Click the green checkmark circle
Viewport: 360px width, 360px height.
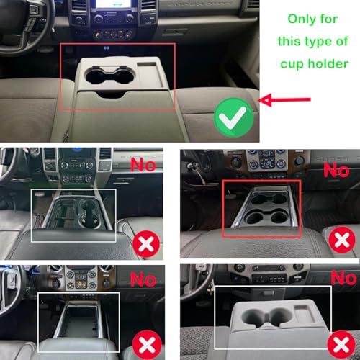(x=234, y=117)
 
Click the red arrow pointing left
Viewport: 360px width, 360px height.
(x=285, y=99)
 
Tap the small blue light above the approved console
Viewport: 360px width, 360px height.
(x=107, y=48)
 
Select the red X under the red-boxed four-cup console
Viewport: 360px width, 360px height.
(x=342, y=240)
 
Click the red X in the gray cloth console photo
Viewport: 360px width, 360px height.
(x=341, y=344)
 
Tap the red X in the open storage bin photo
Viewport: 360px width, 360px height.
(x=147, y=345)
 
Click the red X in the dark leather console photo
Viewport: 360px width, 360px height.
(x=146, y=244)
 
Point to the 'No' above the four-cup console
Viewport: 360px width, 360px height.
(x=336, y=170)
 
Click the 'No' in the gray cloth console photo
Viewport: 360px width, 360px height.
(x=343, y=278)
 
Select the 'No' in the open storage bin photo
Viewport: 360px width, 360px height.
(x=143, y=279)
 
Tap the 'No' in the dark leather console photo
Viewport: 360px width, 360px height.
(x=143, y=165)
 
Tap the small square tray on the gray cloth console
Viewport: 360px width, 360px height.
(x=305, y=313)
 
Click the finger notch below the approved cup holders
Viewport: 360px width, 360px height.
(x=111, y=94)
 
